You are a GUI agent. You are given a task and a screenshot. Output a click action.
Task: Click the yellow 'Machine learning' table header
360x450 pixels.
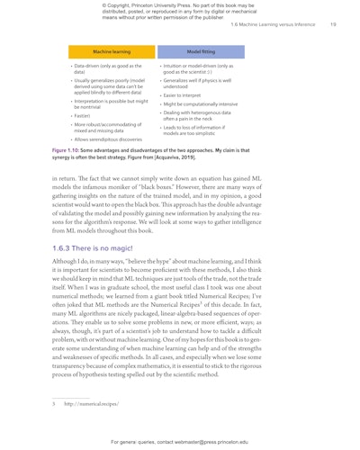pos(112,52)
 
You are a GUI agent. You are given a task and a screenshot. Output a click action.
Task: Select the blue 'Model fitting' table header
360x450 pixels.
pos(201,52)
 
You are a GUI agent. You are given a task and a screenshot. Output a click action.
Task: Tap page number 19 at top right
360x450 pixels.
pos(333,25)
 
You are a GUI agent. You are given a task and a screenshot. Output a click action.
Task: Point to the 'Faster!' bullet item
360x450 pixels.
pos(83,115)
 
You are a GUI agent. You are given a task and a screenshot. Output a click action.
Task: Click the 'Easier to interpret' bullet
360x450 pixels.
pos(183,95)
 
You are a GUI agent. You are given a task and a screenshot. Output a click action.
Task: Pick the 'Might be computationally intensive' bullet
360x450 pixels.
pos(200,104)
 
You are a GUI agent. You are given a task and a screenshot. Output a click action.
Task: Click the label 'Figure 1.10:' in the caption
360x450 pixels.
pos(70,150)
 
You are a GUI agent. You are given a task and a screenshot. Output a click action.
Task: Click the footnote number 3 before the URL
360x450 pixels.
pos(54,404)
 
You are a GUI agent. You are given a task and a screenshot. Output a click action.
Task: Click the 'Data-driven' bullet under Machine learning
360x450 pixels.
pos(107,68)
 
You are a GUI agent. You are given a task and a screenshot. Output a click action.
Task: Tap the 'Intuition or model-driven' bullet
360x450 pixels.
pos(197,68)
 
